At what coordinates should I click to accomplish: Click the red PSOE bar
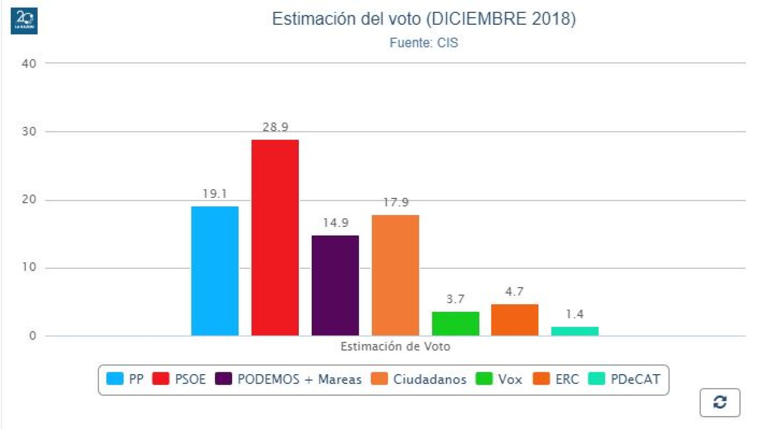coord(275,237)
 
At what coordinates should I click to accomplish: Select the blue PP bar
coord(214,271)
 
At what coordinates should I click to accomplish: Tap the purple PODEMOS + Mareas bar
coord(335,286)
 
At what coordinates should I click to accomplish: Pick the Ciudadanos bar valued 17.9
coord(395,275)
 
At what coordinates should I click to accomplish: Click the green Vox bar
coord(455,324)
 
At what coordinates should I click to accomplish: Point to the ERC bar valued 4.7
coord(515,320)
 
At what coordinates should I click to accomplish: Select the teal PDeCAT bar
coord(575,331)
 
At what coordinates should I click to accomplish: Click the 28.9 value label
coord(275,127)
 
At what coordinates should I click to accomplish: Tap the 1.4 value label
coord(575,314)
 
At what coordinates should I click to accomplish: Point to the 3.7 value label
coord(455,299)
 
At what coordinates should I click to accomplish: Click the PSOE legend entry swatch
coord(161,379)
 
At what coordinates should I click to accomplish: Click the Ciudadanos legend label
coord(429,379)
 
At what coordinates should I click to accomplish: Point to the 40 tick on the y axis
coord(29,63)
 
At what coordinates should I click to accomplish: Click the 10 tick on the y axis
coord(29,267)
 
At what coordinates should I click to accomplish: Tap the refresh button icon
coord(720,402)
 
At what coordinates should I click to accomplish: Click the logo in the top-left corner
coord(24,20)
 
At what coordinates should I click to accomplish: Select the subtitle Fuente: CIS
coord(424,43)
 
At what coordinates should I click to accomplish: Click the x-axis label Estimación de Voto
coord(395,347)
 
